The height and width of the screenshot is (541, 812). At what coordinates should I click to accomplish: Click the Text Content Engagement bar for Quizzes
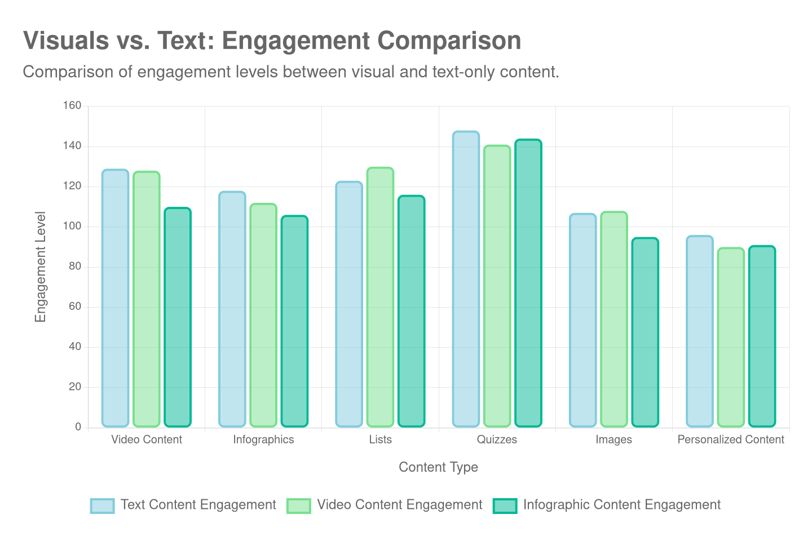[x=466, y=279]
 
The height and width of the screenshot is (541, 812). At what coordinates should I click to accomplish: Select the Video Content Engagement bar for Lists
[x=380, y=297]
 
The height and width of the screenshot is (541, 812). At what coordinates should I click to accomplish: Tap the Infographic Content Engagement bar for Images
[x=645, y=332]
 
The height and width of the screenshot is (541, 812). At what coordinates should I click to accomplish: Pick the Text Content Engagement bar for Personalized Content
[x=700, y=331]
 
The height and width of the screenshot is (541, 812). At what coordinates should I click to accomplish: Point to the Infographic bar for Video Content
[x=178, y=317]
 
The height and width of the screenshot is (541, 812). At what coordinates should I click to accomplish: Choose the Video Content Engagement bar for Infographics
[x=263, y=315]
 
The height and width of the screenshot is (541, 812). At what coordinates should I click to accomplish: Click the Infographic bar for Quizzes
[x=528, y=283]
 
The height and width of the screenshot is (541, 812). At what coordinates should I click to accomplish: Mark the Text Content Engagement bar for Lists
[x=349, y=304]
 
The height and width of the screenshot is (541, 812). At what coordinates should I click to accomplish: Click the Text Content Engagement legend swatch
[x=102, y=505]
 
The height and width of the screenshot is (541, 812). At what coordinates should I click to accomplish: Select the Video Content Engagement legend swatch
[x=298, y=505]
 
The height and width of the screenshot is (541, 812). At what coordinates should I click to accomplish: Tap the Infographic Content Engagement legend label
[x=621, y=504]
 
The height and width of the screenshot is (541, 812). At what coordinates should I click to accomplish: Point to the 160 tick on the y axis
[x=72, y=105]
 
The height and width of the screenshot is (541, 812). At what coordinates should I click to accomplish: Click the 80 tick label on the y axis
[x=74, y=266]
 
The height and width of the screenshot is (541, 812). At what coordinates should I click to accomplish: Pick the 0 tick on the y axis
[x=78, y=427]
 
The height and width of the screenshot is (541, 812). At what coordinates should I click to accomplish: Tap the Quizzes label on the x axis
[x=497, y=440]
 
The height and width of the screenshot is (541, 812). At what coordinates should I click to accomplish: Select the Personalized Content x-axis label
[x=731, y=440]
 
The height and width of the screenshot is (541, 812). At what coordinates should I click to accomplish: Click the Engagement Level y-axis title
[x=40, y=267]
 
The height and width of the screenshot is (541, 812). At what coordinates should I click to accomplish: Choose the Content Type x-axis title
[x=438, y=467]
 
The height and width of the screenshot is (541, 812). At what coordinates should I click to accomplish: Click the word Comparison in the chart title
[x=449, y=41]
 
